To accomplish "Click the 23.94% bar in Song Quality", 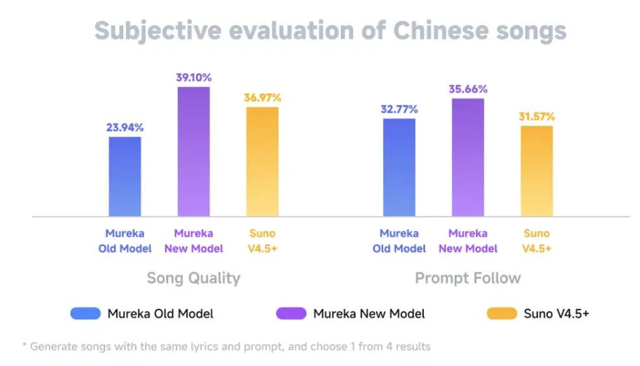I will click(125, 176).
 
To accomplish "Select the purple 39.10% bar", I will click(193, 151).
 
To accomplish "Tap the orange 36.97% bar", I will click(262, 161).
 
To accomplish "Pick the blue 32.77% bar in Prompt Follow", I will click(399, 167).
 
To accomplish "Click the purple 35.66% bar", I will click(468, 157).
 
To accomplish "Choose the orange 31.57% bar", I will click(536, 171).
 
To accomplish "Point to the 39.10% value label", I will click(193, 77).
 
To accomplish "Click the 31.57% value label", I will click(536, 116).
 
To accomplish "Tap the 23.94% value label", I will click(125, 127).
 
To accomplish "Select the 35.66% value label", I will click(468, 89).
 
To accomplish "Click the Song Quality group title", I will click(193, 278).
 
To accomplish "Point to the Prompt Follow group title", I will click(467, 278).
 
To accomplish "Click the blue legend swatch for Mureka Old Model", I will click(86, 314).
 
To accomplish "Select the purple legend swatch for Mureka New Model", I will click(291, 314).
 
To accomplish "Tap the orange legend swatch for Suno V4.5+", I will click(501, 314).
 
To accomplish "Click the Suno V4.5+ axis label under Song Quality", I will click(262, 241).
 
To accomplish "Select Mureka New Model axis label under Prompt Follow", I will click(468, 241).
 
